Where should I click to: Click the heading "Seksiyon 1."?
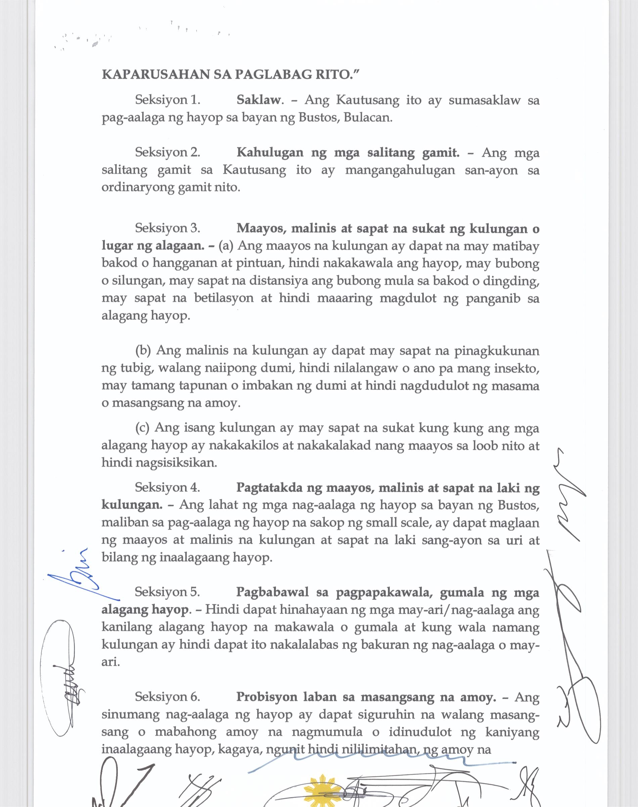tap(168, 100)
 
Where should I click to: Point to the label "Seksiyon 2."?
tap(168, 153)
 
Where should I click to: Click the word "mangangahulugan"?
tap(400, 170)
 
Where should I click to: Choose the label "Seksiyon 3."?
tap(168, 228)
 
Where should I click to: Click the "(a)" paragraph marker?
tap(226, 246)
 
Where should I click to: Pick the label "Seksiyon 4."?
tap(168, 487)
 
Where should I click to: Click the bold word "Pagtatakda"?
tap(269, 488)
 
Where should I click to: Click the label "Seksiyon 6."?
tap(168, 697)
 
